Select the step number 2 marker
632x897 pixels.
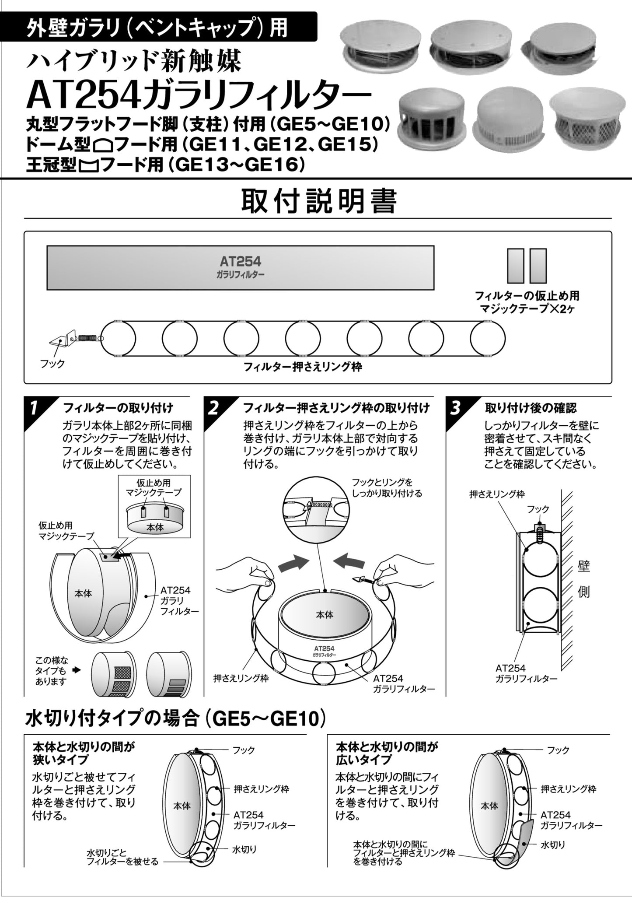[213, 408]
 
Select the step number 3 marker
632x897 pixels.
[455, 408]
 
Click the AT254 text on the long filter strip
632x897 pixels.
[240, 262]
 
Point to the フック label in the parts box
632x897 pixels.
[52, 363]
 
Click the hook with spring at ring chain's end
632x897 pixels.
[74, 338]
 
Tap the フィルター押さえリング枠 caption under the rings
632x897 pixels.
[303, 367]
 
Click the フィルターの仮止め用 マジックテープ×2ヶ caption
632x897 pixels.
[527, 302]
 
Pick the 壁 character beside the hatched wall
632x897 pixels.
[584, 567]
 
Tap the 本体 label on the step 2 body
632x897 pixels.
[324, 615]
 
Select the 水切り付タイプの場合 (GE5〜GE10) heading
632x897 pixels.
[175, 718]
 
